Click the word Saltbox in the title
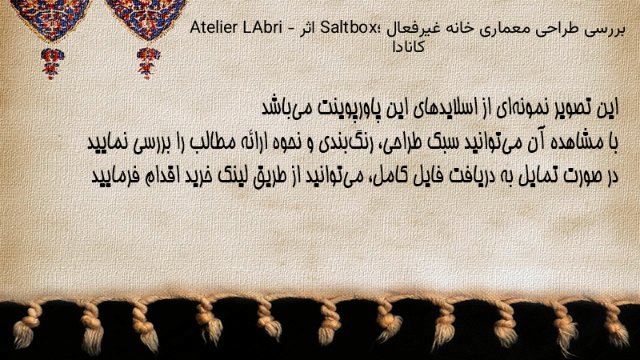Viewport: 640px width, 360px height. tap(349, 28)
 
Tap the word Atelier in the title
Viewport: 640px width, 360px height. tap(214, 28)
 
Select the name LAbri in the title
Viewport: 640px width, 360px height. tap(262, 28)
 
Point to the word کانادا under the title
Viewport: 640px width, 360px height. tap(409, 47)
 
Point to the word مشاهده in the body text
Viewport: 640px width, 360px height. tap(582, 142)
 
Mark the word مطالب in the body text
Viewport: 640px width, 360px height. tap(210, 142)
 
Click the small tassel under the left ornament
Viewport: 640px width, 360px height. tap(52, 63)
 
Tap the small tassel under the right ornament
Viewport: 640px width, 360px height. tap(148, 63)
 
